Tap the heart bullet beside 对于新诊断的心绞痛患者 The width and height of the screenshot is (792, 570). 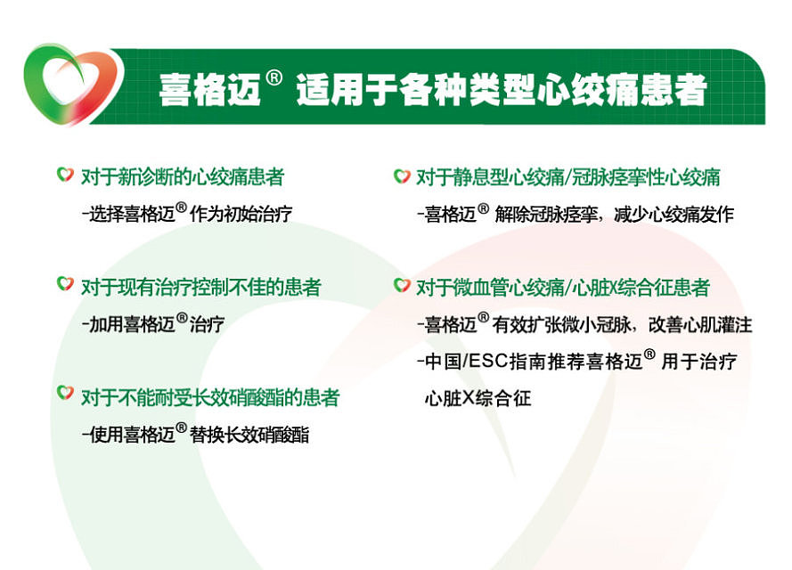point(65,175)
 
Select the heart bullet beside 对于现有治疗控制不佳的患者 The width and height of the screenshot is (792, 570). point(65,285)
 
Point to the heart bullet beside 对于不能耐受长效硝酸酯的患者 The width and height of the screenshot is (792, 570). point(65,393)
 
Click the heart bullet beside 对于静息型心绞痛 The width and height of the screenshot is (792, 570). point(402,176)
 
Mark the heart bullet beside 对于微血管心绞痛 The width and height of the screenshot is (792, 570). point(402,286)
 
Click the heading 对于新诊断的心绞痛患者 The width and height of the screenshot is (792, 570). point(183,177)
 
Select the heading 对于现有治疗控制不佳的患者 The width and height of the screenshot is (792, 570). point(200,287)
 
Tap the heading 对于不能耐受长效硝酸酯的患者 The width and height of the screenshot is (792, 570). point(210,396)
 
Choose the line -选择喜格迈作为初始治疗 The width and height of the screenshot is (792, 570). point(186,214)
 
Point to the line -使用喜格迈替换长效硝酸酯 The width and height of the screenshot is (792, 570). point(195,436)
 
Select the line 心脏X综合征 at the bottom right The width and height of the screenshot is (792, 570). point(478,398)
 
